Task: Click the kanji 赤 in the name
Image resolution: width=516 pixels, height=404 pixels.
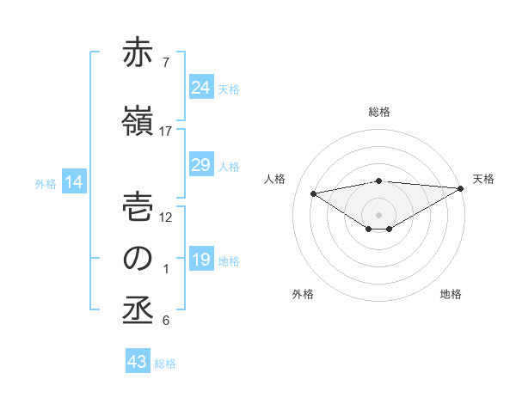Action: tap(138, 54)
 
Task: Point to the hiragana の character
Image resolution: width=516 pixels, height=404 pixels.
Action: tap(138, 259)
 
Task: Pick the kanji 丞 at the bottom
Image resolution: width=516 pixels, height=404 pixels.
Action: tap(138, 311)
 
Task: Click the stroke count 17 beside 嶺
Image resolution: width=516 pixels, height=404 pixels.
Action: tap(166, 132)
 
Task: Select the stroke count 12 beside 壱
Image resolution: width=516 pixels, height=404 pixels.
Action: tap(166, 217)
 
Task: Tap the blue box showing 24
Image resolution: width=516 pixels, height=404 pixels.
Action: tap(200, 88)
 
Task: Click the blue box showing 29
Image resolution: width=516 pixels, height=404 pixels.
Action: tap(200, 165)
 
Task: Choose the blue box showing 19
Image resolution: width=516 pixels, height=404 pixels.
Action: tap(200, 260)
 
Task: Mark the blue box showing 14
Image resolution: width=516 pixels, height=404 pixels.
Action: tap(73, 182)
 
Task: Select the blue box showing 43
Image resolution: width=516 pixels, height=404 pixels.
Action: tap(138, 362)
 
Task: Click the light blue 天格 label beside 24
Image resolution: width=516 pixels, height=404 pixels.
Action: tap(229, 89)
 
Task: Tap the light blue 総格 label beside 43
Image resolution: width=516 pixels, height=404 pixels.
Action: tap(165, 364)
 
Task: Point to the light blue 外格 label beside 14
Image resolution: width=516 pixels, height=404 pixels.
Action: tap(45, 184)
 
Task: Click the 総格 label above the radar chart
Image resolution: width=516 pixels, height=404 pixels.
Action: tap(378, 112)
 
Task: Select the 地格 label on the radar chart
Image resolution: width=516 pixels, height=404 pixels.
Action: tap(451, 294)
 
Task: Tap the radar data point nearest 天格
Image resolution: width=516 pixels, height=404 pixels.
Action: tap(462, 187)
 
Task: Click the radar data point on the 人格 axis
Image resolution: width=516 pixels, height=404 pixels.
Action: tap(314, 193)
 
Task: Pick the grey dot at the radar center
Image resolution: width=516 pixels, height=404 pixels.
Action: tap(378, 214)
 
